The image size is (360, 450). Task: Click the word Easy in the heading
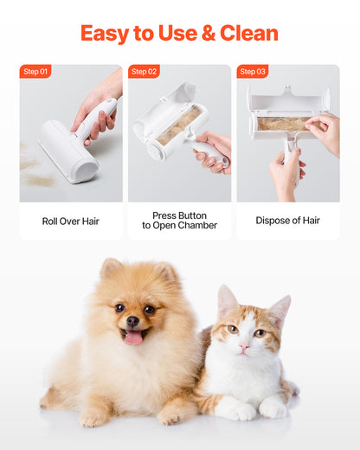[104, 34]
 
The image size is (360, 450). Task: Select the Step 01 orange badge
[35, 72]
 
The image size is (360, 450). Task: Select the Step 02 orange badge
[144, 72]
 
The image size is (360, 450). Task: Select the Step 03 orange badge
[253, 72]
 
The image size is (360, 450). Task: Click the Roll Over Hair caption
[71, 221]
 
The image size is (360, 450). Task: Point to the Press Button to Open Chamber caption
[179, 221]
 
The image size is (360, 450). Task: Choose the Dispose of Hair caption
[287, 221]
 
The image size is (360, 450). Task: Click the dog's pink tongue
[133, 337]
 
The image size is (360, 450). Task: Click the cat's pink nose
[245, 344]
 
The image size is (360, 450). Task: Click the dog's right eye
[119, 308]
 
